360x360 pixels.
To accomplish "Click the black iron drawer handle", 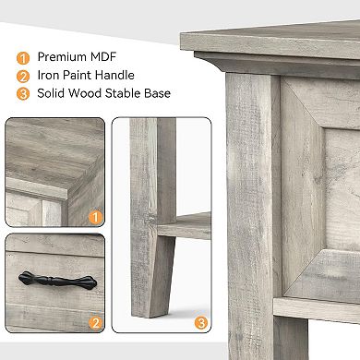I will click(54, 279).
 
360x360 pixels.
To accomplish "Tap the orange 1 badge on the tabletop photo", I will click(93, 218).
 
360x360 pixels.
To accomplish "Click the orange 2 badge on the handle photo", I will click(93, 323).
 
